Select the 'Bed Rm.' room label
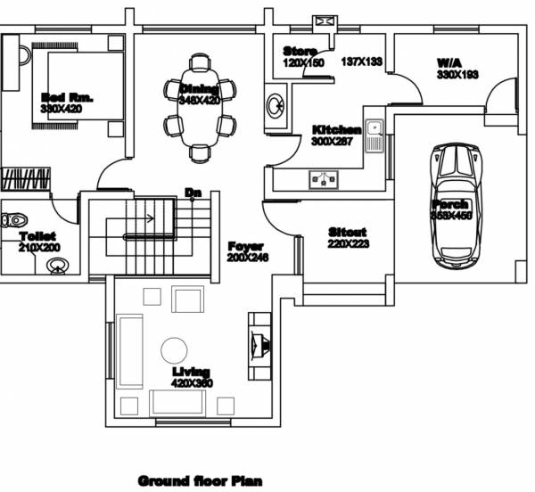click(68, 96)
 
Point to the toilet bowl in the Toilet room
click(13, 219)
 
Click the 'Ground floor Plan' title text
click(200, 481)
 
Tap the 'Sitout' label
click(347, 233)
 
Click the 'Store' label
click(300, 51)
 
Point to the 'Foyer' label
click(245, 246)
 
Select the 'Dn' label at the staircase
click(192, 192)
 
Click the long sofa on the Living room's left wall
click(130, 350)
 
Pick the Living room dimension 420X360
click(192, 383)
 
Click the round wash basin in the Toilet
click(59, 264)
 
